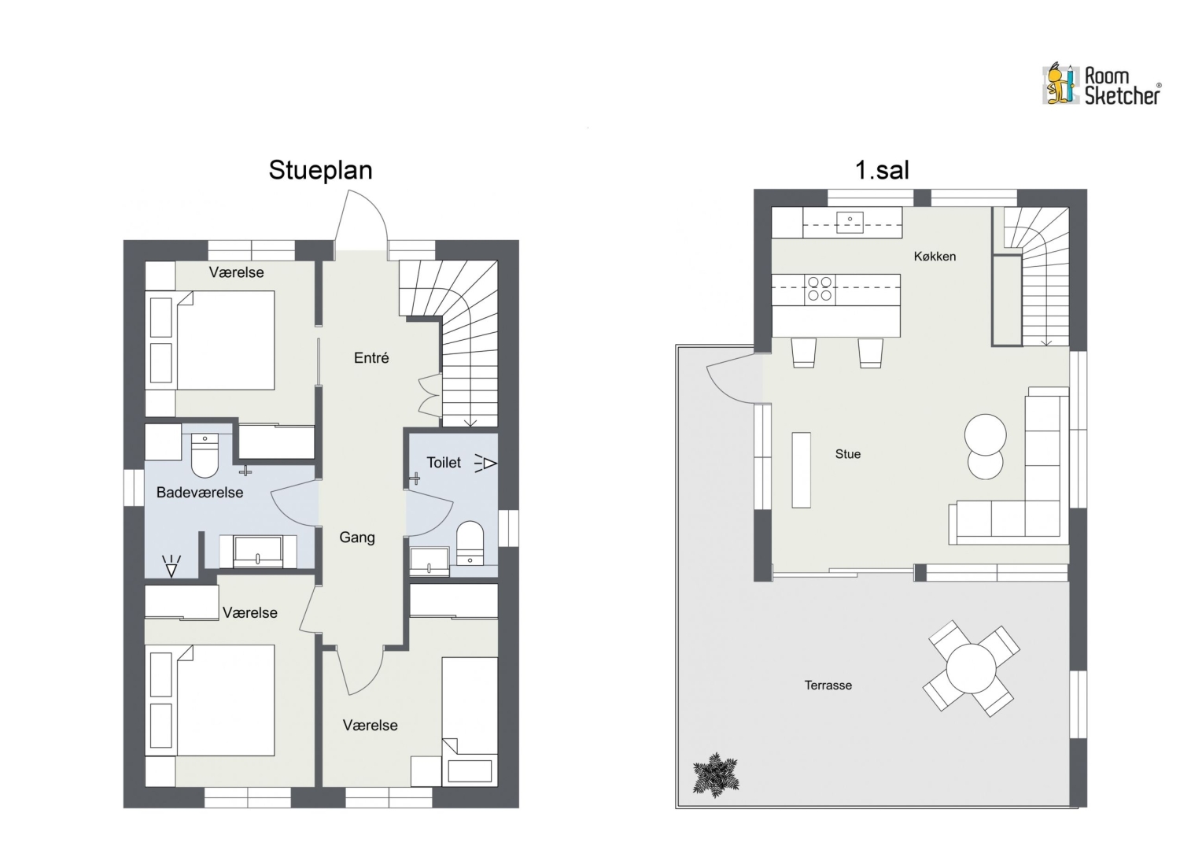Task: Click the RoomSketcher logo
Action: pos(1101,85)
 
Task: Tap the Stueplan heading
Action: pos(320,170)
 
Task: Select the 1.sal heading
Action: pos(882,170)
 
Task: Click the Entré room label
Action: pos(371,357)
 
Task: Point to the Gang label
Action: pos(357,538)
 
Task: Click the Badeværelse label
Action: pos(200,493)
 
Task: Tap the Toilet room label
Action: pos(444,462)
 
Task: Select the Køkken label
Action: pos(935,257)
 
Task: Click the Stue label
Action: pos(848,454)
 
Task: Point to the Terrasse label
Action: pos(828,686)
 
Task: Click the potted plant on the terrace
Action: pos(715,774)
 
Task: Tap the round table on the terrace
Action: pos(972,669)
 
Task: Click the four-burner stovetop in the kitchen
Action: pos(820,289)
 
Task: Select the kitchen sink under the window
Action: pos(850,222)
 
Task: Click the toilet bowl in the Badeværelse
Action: pos(205,456)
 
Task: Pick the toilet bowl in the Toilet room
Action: pos(470,543)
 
